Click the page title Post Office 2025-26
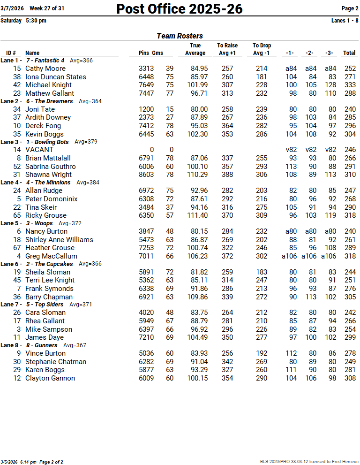180,9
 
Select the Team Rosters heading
180,36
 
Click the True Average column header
195,49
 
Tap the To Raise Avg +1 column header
227,49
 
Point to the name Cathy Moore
45,69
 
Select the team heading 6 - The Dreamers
49,101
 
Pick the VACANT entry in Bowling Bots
39,150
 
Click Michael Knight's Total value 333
349,85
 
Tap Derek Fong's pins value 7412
146,126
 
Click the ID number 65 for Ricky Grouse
17,215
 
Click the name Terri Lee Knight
50,280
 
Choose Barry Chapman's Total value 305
349,297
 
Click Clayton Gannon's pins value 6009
146,378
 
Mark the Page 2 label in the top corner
350,8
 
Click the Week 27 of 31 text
47,8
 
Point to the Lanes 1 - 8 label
345,21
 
